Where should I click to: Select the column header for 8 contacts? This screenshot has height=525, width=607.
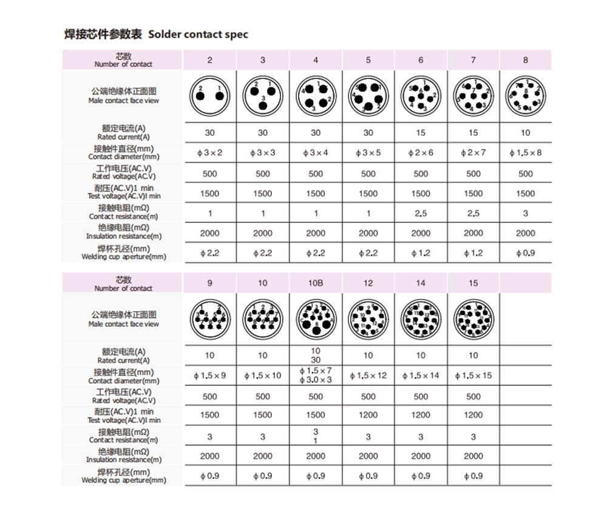click(x=526, y=60)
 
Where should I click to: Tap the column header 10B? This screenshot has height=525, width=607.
click(x=316, y=283)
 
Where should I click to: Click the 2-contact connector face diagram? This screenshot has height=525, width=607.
click(x=210, y=96)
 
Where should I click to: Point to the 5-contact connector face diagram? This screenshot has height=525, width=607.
click(x=368, y=97)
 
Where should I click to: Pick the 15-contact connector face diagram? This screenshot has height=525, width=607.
click(x=473, y=319)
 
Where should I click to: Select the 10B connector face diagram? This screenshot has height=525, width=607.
click(x=316, y=319)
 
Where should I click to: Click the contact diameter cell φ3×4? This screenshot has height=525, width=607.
click(x=316, y=153)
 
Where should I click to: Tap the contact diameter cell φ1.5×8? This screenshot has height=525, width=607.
click(x=526, y=153)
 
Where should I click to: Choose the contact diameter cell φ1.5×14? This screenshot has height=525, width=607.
click(x=421, y=376)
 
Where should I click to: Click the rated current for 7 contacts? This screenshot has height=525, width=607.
click(x=473, y=132)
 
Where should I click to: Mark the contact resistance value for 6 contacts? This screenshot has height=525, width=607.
click(x=421, y=213)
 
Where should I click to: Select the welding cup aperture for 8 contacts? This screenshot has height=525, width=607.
click(x=526, y=253)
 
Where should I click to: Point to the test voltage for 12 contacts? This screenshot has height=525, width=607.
click(x=368, y=416)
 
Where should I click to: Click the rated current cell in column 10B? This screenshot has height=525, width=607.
click(x=316, y=355)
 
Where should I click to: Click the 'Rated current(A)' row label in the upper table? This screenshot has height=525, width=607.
click(x=124, y=132)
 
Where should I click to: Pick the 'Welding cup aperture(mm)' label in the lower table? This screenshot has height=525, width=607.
click(x=124, y=476)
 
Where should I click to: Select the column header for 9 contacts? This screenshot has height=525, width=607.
click(x=210, y=283)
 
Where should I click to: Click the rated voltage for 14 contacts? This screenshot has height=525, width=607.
click(x=421, y=396)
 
